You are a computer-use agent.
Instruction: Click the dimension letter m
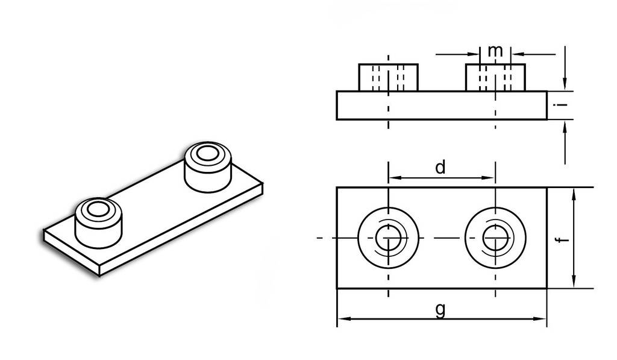click(495, 51)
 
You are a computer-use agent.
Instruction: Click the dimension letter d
click(440, 168)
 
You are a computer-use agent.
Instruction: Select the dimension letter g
click(440, 310)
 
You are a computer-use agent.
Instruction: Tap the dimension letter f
click(564, 239)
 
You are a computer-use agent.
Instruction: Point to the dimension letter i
click(563, 104)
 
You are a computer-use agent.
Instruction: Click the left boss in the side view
click(388, 78)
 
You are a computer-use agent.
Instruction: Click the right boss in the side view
click(495, 78)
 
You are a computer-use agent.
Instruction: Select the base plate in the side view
click(442, 106)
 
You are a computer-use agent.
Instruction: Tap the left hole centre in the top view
click(389, 238)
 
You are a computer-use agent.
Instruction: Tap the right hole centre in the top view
click(495, 238)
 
